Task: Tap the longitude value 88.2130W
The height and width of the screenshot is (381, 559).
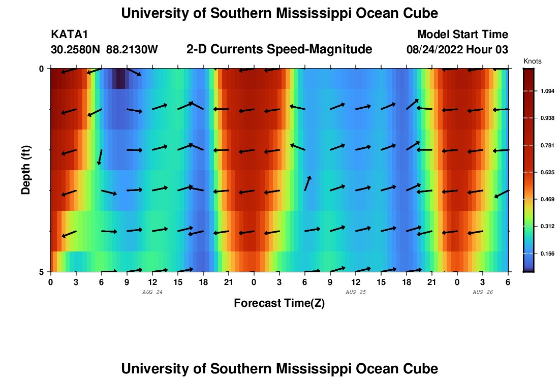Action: point(132,50)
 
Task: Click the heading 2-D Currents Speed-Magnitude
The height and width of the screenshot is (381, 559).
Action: point(279,49)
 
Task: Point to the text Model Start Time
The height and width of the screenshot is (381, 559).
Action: point(462,35)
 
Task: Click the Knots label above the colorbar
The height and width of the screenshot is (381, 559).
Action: point(532,61)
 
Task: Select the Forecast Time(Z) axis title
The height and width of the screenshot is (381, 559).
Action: point(279,303)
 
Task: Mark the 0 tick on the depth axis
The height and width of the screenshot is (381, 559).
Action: point(41,69)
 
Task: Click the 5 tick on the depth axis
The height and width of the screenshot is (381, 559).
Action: point(41,272)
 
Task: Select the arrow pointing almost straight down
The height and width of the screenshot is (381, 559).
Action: point(100,157)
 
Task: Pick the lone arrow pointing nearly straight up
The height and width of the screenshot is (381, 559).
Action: point(307,183)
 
